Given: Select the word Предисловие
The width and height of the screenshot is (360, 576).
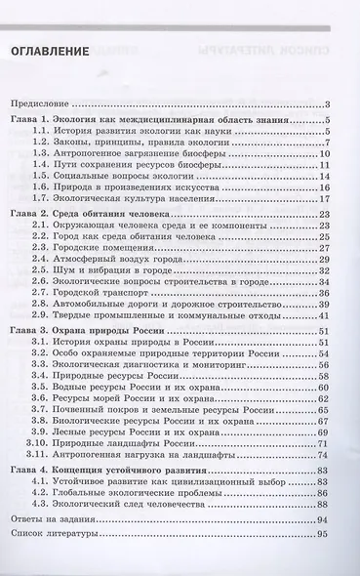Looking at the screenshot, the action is pyautogui.click(x=40, y=103).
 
